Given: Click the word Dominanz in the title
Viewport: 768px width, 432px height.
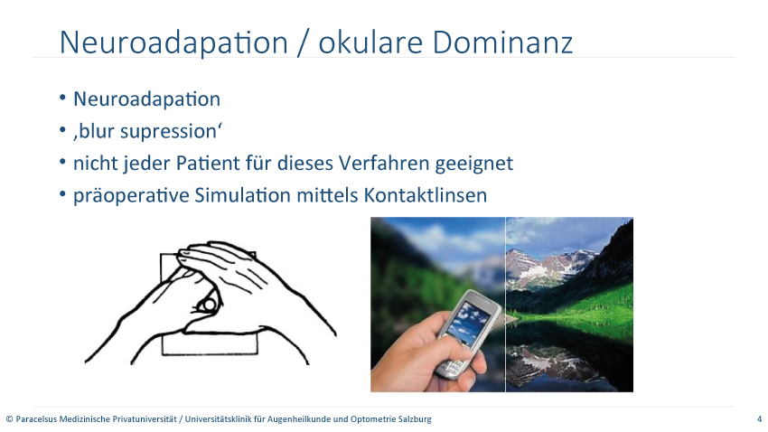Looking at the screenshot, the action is click(x=502, y=42).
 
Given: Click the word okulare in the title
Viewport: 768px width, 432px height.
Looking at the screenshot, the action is click(x=370, y=42).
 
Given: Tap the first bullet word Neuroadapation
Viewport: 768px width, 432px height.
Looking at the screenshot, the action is click(x=147, y=99).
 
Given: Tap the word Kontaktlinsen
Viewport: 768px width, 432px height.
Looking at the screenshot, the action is click(x=426, y=195).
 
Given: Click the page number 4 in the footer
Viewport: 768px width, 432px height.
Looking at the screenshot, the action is click(x=760, y=419).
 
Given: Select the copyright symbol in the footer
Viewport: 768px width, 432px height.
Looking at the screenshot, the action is click(x=9, y=419).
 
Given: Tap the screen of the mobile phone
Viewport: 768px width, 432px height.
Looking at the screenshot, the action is click(x=464, y=319).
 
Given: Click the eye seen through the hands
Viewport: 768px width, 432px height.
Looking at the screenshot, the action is click(x=208, y=305).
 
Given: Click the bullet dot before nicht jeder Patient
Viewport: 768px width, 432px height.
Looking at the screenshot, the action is click(x=62, y=162).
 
